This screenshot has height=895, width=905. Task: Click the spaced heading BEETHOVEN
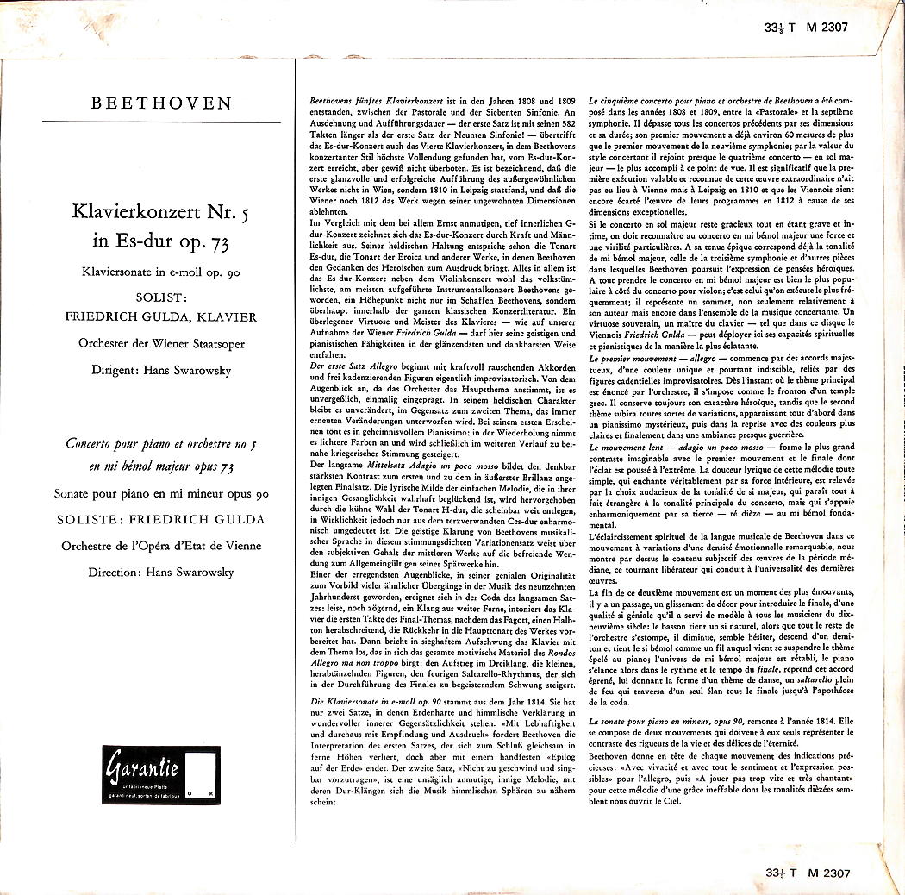point(162,103)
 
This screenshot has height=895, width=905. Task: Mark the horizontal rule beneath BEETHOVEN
point(162,122)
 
